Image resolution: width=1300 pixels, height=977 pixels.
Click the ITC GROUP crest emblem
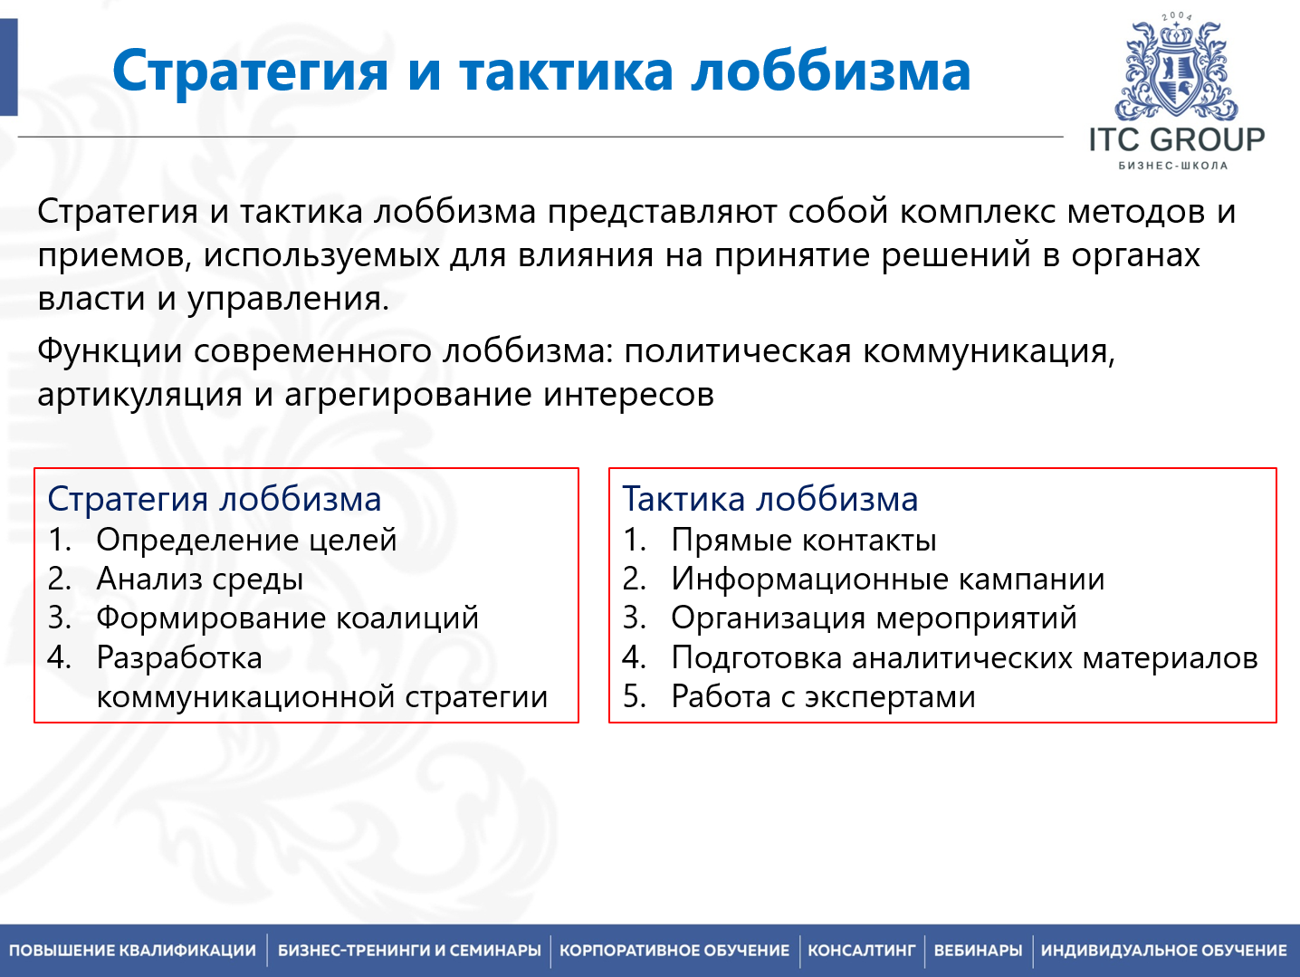tap(1176, 72)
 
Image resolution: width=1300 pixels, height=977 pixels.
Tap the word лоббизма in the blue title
tap(830, 72)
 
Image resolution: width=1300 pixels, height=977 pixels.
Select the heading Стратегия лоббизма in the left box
tap(215, 499)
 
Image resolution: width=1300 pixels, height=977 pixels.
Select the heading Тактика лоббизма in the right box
tap(770, 499)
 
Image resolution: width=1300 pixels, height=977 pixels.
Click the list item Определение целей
tap(246, 540)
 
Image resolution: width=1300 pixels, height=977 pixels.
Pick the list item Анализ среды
tap(200, 579)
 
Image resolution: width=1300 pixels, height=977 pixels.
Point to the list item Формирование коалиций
tap(287, 618)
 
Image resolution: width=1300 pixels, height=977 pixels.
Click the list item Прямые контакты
tap(804, 540)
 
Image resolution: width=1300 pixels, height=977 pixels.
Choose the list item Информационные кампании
tap(888, 579)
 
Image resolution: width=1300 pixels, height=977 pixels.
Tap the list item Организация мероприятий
tap(874, 618)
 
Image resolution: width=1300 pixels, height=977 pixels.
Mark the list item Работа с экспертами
tap(823, 696)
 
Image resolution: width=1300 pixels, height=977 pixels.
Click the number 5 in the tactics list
tap(633, 696)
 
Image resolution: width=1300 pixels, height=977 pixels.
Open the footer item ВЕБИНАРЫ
tap(978, 951)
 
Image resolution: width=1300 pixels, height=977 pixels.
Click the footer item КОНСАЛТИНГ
tap(862, 951)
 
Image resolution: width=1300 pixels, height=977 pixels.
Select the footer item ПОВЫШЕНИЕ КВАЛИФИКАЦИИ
tap(133, 951)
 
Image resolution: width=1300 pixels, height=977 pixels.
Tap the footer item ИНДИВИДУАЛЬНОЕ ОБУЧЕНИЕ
tap(1163, 951)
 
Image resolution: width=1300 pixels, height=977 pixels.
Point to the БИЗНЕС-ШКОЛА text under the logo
tap(1173, 166)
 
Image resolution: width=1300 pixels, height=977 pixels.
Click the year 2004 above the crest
tap(1177, 16)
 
